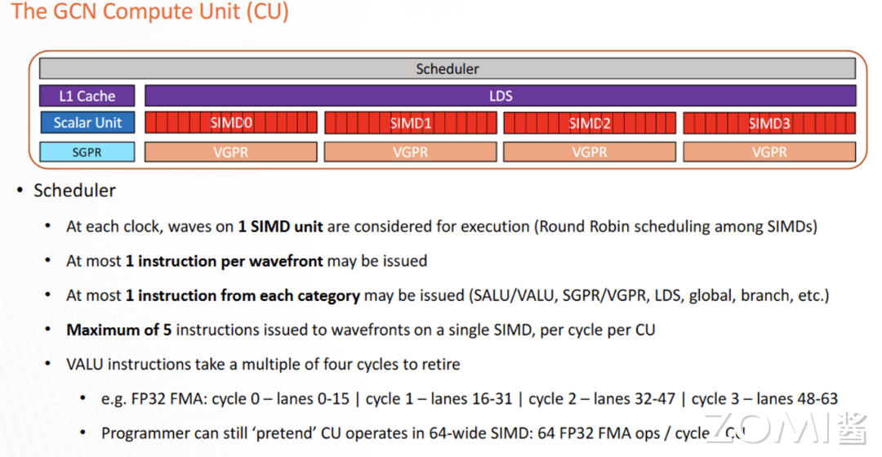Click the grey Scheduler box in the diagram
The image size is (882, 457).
(x=447, y=69)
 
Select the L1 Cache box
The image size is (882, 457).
(x=87, y=96)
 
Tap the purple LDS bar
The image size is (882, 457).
(x=500, y=96)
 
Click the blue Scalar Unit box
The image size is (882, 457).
(x=87, y=123)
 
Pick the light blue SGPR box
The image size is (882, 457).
(x=87, y=151)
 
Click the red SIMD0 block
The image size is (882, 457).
(x=231, y=123)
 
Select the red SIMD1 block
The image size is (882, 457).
(x=410, y=123)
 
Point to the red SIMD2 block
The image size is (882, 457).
(x=590, y=123)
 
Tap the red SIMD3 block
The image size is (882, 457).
(x=769, y=123)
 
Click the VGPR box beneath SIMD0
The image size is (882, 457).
(x=231, y=151)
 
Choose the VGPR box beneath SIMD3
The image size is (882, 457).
(x=769, y=151)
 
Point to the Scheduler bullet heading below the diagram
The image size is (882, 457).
(x=74, y=190)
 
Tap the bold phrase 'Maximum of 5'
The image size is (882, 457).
(x=119, y=330)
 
